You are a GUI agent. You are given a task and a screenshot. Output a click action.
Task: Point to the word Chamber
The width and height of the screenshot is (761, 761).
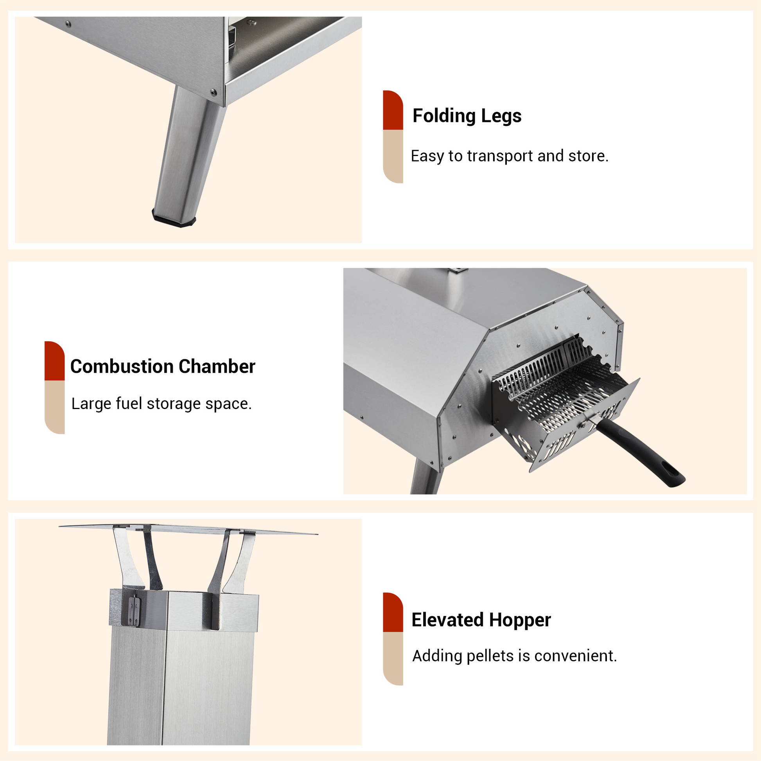pos(217,366)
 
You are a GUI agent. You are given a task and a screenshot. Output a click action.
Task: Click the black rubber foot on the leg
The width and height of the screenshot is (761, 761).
pos(174,219)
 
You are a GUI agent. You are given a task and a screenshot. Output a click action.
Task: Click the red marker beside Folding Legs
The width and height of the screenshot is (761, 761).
pos(393,110)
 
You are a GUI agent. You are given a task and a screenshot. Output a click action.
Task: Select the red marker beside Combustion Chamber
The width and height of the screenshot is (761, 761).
pos(54,361)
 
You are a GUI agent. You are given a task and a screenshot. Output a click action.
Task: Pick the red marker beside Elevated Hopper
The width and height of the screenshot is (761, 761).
pos(393,612)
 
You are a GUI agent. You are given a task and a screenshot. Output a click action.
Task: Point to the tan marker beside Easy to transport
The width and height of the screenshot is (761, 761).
pos(393,156)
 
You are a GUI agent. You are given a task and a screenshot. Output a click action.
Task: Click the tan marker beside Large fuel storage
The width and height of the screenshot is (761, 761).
pos(54,407)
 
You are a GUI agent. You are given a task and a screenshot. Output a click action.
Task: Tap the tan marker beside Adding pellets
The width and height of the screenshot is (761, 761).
pos(393,659)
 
